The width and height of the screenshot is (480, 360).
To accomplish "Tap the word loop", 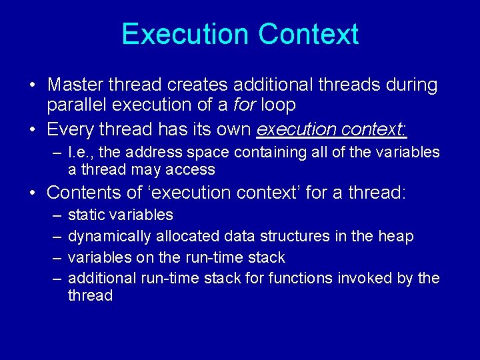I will click(x=278, y=105).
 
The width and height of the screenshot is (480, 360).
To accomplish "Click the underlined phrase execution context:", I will click(x=332, y=128).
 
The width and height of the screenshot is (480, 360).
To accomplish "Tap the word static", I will click(x=86, y=215).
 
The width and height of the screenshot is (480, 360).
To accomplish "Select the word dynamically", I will click(x=110, y=237).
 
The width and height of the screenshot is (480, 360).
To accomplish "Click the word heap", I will click(x=399, y=237).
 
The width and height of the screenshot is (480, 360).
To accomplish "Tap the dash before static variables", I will click(x=55, y=215).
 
